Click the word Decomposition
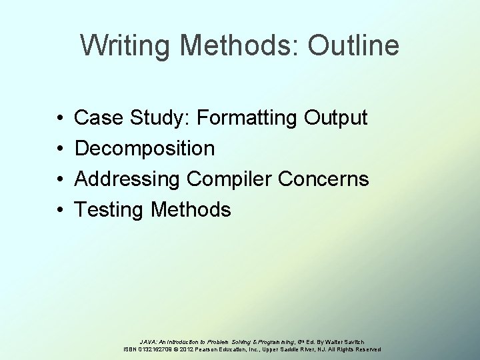pos(145,149)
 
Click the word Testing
pos(110,210)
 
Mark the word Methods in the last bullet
pos(191,210)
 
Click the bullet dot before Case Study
pos(60,119)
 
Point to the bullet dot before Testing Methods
pos(60,211)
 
